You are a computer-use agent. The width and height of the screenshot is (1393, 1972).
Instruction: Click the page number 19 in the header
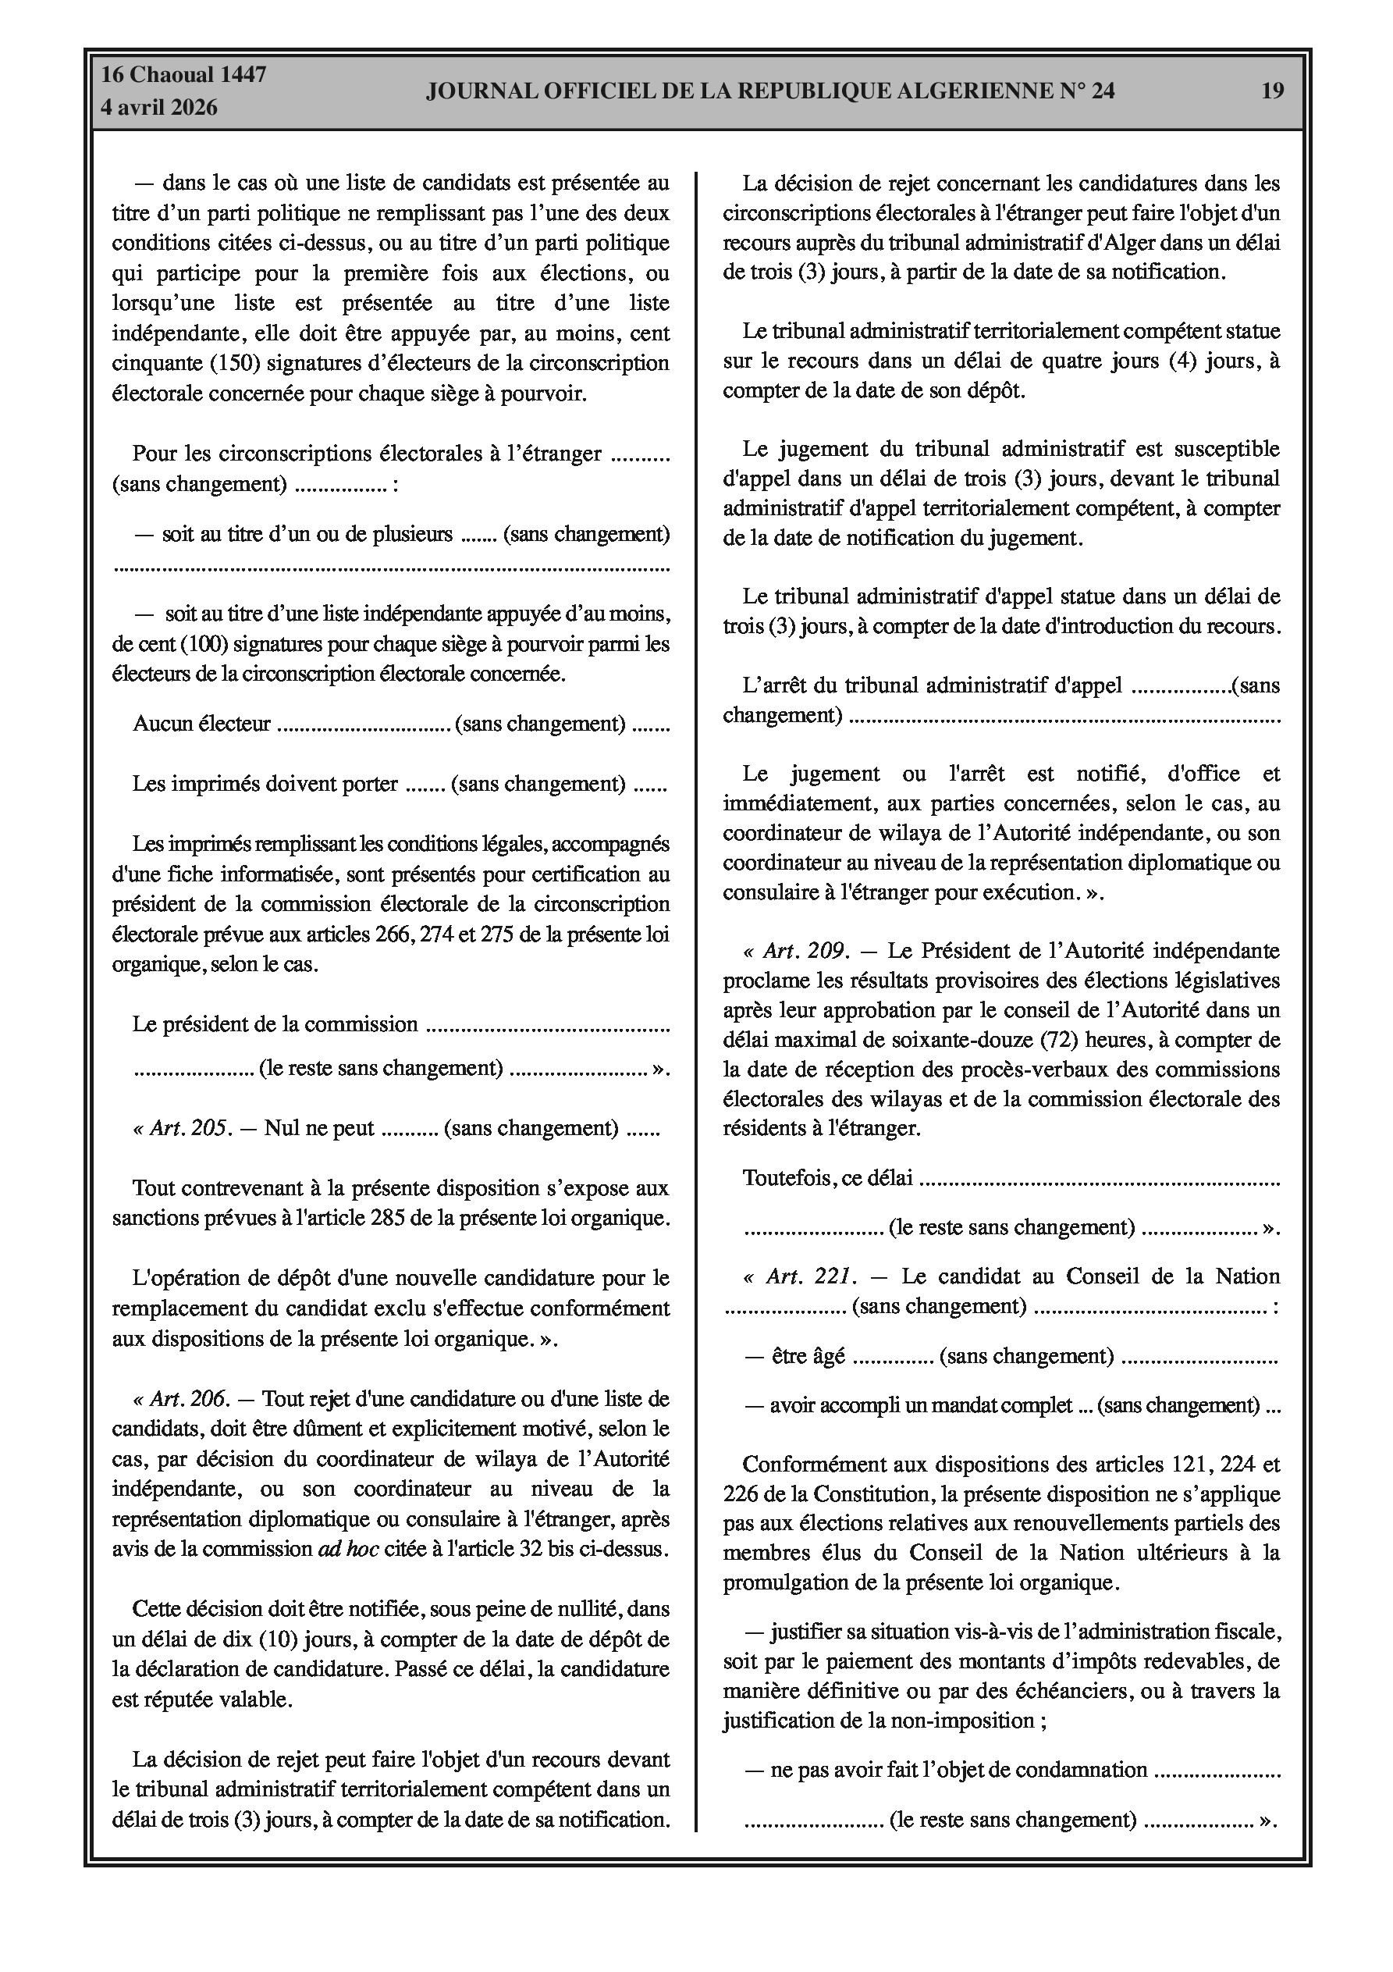pos(1273,91)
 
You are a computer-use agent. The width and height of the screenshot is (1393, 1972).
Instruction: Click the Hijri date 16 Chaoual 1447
pos(184,75)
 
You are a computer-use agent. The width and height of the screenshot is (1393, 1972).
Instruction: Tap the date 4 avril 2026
pos(160,109)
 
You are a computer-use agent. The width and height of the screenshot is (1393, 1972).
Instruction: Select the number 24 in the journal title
pos(1103,91)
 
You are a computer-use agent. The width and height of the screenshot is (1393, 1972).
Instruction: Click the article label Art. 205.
pos(182,1128)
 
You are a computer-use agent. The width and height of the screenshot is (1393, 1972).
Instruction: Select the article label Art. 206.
pos(181,1399)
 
